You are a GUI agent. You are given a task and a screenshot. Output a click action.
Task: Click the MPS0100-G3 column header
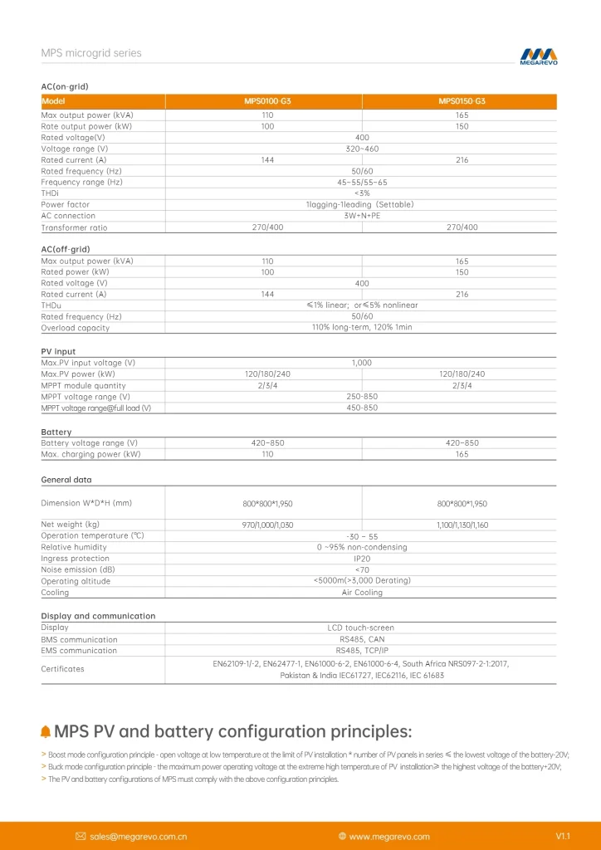pos(267,101)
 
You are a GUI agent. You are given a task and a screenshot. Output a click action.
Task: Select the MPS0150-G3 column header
pos(462,101)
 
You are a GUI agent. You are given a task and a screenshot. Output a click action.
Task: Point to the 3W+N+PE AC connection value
pos(362,216)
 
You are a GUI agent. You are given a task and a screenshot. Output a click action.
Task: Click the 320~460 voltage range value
pos(362,149)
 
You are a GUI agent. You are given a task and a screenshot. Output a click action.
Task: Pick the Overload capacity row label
pos(76,328)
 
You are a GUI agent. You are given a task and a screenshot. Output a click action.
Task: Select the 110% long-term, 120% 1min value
pos(362,328)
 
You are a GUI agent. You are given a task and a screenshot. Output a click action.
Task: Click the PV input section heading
pos(58,352)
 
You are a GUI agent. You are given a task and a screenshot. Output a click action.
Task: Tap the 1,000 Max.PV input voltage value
pos(362,363)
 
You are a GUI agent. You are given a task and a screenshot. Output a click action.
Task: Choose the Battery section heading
pos(56,432)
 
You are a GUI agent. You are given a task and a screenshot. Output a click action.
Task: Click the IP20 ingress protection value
pos(362,559)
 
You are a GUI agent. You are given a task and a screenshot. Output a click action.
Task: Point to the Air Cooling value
pos(362,593)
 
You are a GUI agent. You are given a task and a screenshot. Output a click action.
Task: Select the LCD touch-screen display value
pos(362,628)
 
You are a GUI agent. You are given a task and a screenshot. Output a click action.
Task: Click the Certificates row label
pos(63,668)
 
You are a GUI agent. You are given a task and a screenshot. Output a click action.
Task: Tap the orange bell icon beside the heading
pos(46,731)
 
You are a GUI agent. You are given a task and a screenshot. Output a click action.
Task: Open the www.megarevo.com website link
pos(389,836)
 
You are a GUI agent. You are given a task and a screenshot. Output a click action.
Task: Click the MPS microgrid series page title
pos(91,53)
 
